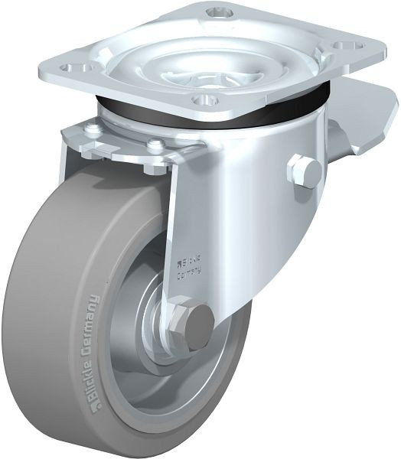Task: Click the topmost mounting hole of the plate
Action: coord(219,13)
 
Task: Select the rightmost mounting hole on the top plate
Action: coord(348,46)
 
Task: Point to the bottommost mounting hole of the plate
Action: coord(205,99)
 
